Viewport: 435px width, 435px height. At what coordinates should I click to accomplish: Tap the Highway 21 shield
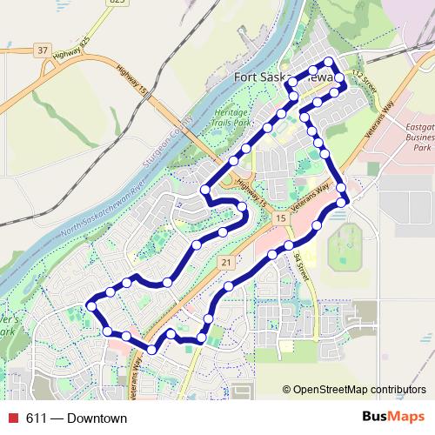click(x=226, y=262)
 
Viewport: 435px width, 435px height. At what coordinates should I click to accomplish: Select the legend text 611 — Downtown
click(x=77, y=418)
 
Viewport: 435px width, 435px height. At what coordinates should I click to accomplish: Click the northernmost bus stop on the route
click(x=330, y=61)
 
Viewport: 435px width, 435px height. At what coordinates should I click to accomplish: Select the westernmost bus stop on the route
click(x=90, y=305)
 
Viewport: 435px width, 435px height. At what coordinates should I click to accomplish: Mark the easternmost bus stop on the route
click(x=345, y=202)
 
